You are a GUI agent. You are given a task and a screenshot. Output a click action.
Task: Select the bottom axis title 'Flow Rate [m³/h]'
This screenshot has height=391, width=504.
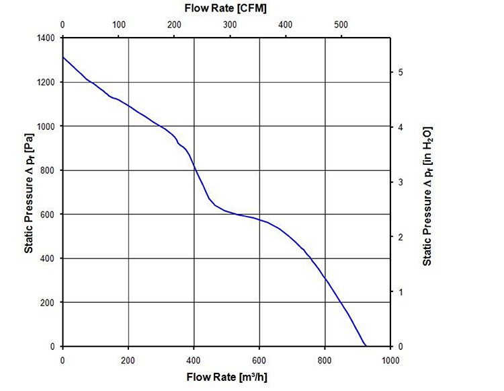pos(226,378)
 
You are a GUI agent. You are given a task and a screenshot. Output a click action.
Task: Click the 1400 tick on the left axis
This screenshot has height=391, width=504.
pos(46,38)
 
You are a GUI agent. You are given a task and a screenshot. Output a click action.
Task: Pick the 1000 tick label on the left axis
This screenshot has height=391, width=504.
pos(46,127)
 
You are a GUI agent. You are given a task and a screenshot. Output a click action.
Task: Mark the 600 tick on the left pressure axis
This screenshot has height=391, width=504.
pos(49,215)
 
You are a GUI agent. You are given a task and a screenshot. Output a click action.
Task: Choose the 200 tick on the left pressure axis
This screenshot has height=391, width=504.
pos(49,303)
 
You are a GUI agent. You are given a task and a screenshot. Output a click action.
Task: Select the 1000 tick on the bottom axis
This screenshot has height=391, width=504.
pos(390,360)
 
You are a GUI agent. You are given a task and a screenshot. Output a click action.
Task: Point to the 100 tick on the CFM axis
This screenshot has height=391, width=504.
pos(119,25)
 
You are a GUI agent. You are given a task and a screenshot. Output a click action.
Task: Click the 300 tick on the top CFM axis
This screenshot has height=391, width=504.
pos(230,25)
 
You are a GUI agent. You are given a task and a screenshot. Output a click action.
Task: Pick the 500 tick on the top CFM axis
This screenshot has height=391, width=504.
pos(341,25)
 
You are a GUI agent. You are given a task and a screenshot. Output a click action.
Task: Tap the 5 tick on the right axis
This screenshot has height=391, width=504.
pos(401,71)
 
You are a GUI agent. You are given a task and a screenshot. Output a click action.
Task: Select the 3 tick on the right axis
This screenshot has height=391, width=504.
pos(401,182)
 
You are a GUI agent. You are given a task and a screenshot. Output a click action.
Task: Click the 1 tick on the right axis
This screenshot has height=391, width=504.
pos(401,291)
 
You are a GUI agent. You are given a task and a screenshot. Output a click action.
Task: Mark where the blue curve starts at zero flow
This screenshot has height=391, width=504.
pos(63,57)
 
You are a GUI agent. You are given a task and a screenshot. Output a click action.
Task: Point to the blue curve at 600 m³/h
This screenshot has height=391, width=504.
pos(259,219)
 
